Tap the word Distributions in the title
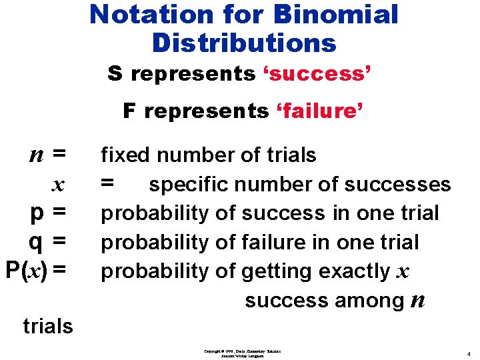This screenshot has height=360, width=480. point(244,43)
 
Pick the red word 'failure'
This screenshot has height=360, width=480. point(319,111)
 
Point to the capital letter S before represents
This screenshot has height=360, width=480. point(115,74)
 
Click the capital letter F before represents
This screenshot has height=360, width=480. point(129,111)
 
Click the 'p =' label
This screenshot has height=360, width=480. point(49,213)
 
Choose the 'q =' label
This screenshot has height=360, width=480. point(49,241)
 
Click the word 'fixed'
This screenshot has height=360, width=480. point(124,155)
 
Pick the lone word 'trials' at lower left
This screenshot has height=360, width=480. point(48,327)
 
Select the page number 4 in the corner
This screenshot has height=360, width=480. point(469,353)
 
